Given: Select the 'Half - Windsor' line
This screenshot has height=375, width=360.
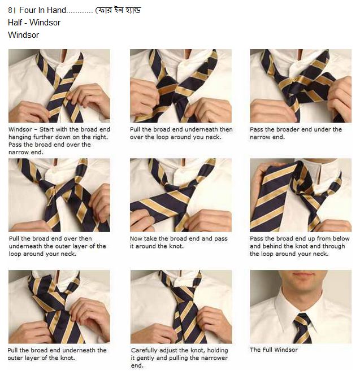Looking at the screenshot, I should tap(34, 23).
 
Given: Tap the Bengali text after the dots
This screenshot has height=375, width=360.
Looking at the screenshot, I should tap(119, 10).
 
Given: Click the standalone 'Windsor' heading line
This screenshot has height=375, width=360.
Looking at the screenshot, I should tap(23, 34).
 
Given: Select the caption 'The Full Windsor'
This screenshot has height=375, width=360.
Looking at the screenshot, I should tap(274, 350).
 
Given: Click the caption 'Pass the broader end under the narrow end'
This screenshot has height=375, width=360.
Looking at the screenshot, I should tap(296, 133).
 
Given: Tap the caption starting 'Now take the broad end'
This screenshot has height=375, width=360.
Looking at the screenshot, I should tap(175, 242).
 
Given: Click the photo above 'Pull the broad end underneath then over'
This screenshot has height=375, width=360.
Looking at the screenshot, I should tap(181, 86).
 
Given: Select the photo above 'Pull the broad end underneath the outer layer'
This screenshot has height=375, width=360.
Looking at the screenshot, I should tap(59, 307).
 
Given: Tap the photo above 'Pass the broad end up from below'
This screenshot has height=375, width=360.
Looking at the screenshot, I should tap(300, 195).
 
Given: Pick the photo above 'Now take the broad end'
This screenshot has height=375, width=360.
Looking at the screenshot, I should tap(181, 195).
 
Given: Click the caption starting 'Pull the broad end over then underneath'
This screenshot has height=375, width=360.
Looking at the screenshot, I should tap(57, 246).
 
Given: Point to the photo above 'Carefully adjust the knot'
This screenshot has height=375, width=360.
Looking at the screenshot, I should tap(181, 307).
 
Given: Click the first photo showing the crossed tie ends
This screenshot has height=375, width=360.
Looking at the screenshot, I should tap(59, 86).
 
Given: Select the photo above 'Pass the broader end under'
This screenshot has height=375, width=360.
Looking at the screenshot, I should tap(300, 86).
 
